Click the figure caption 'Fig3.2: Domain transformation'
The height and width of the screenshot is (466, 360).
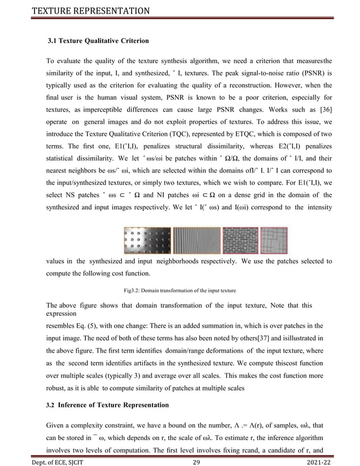coord(179,291)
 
